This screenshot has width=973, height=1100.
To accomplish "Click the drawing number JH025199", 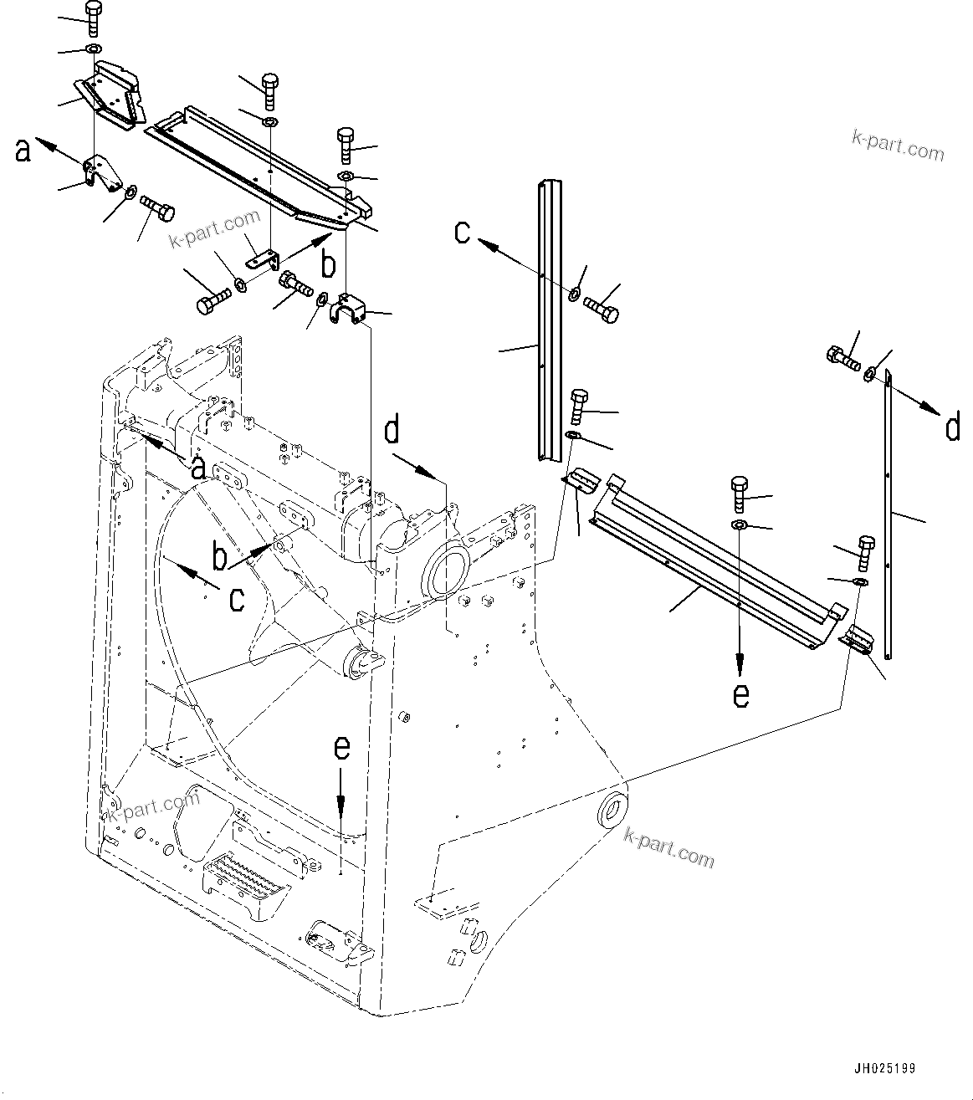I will coord(884,1069).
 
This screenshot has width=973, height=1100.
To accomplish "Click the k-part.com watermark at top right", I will coord(898,145).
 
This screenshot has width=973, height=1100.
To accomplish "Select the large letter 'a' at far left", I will coord(23,151).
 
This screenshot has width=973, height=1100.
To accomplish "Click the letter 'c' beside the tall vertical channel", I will coord(463,232).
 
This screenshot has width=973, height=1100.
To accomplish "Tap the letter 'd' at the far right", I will coord(952,428).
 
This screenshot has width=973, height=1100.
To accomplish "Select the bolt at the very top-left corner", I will coord(93,18).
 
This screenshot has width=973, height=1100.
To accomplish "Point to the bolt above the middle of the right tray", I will coord(740,494).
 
